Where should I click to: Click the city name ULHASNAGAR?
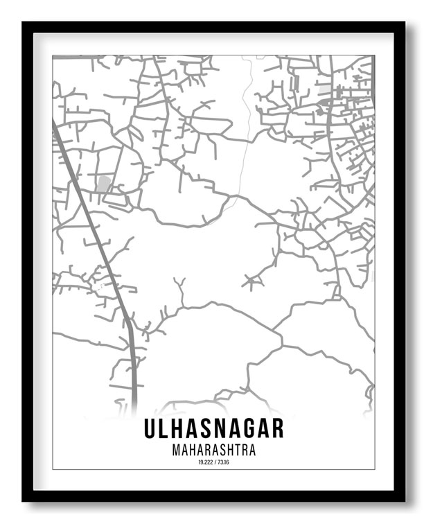213,428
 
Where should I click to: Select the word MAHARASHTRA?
213,450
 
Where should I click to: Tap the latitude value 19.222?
204,462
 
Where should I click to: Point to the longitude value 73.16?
222,462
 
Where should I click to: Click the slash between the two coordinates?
214,462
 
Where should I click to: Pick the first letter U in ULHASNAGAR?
150,428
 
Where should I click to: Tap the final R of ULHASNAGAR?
277,428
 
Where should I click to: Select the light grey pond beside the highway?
103,184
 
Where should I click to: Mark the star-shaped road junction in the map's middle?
252,281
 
